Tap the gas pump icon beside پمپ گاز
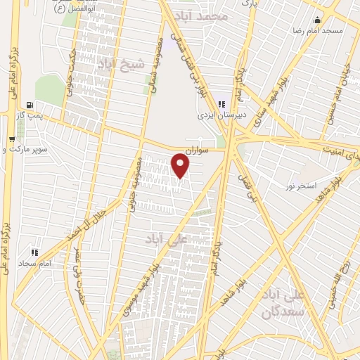(x=27, y=104)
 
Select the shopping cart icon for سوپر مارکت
(x=11, y=139)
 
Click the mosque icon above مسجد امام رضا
(x=319, y=20)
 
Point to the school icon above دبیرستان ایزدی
(x=222, y=103)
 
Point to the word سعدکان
(x=281, y=309)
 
